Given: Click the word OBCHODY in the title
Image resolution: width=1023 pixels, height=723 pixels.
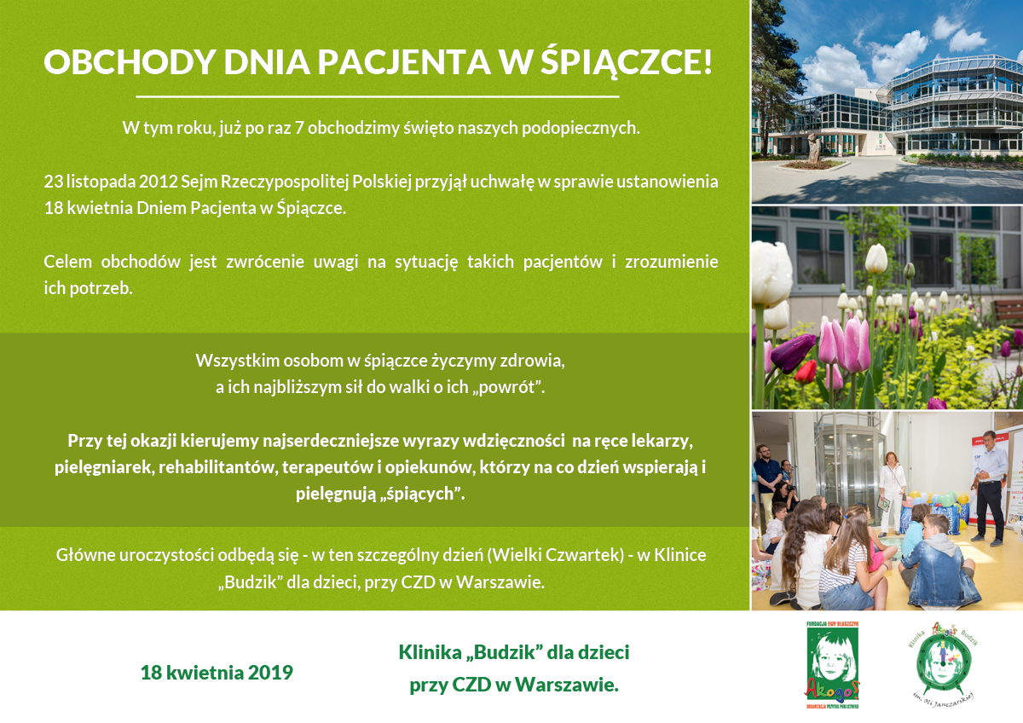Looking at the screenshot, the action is tap(130, 61).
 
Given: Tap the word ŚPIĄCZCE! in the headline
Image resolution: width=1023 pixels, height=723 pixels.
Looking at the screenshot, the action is tap(627, 60).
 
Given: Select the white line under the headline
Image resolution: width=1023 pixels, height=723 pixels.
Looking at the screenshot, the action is tap(377, 97).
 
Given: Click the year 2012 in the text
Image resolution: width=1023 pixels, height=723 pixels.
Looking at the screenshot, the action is tap(158, 182).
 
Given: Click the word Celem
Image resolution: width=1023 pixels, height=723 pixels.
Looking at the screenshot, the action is tap(67, 262).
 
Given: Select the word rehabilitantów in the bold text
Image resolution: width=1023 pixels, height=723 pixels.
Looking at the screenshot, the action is tap(218, 467).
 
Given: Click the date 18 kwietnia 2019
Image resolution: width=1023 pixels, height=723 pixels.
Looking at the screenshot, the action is tap(217, 673).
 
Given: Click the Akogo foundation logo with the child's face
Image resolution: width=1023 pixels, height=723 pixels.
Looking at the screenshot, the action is tap(833, 664).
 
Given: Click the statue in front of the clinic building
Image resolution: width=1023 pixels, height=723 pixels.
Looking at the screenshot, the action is tap(812, 147).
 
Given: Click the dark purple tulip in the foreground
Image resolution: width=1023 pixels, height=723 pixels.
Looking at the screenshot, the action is tap(792, 351).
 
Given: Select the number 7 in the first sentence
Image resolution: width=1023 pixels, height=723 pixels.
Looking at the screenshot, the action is tap(299, 129).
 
